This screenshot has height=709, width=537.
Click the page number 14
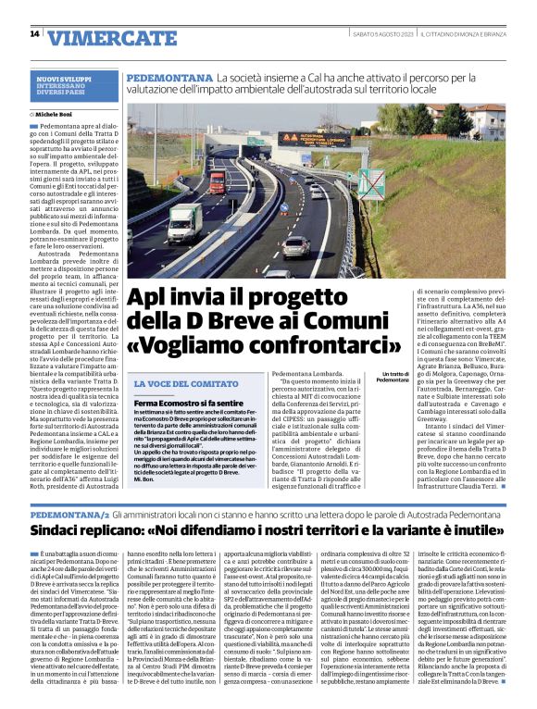click(x=34, y=34)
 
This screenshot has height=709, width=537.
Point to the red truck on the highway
click(x=217, y=181)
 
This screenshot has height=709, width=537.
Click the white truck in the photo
click(x=184, y=221)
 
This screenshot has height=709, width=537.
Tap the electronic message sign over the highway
click(x=310, y=139)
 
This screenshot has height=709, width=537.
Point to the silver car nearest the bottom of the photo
click(x=296, y=245)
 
